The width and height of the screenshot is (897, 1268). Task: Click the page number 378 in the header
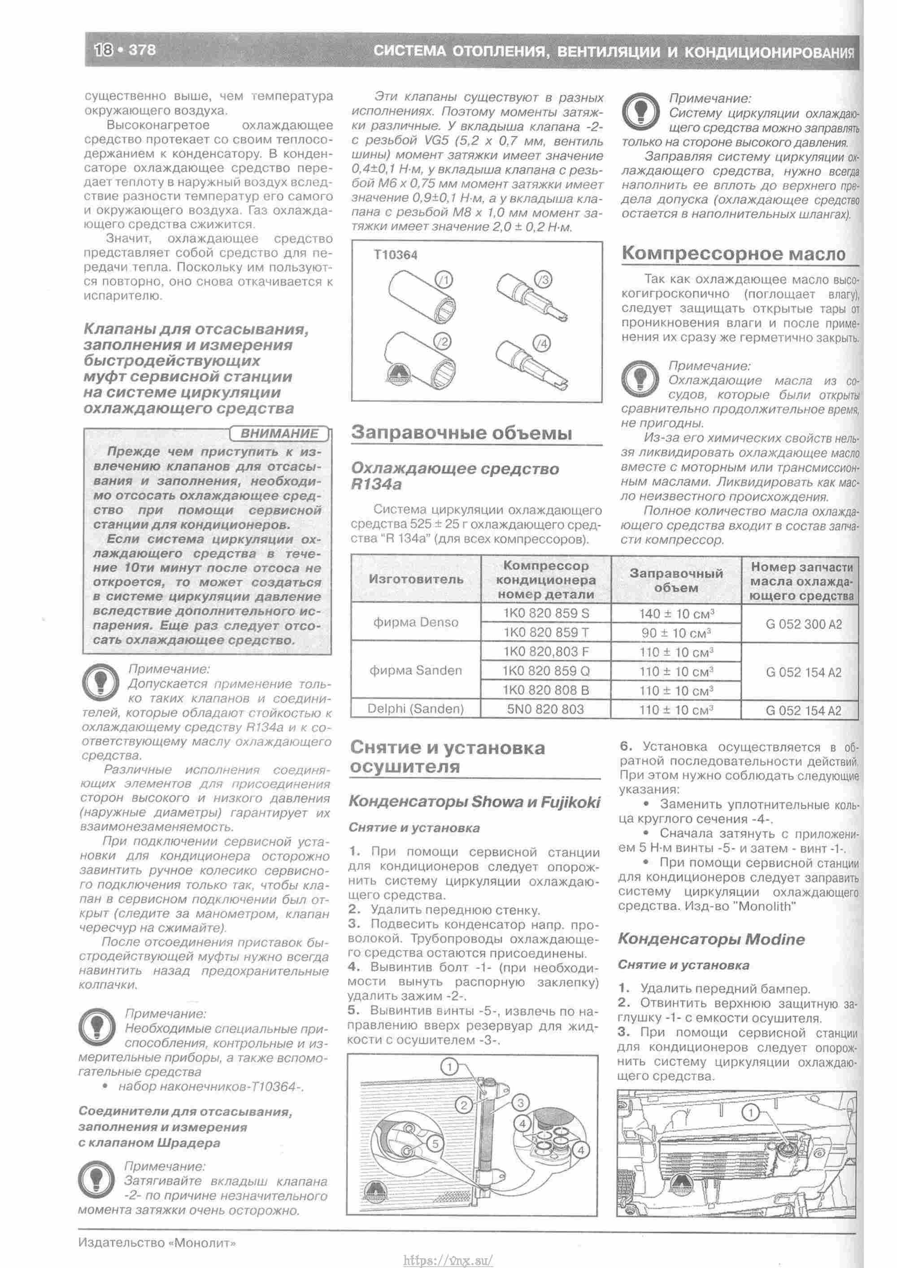tap(142, 50)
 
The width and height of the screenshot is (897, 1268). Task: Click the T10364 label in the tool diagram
tap(395, 255)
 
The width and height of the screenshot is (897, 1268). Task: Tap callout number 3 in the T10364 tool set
tap(544, 280)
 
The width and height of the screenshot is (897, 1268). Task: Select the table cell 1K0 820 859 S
tap(546, 613)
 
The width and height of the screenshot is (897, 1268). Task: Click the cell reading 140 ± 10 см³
tap(676, 614)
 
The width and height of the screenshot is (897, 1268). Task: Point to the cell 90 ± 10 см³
tap(676, 632)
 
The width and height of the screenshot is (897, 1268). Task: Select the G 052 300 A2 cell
tap(803, 624)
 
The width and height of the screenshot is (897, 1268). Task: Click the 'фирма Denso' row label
tap(415, 623)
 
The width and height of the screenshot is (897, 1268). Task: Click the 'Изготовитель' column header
tap(415, 580)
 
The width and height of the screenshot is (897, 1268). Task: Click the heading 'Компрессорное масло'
tap(733, 253)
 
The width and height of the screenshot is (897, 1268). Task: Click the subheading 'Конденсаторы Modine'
tap(711, 939)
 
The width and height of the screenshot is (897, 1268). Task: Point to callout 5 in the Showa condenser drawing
tap(435, 1143)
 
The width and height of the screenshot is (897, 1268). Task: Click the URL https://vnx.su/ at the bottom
tap(448, 1256)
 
